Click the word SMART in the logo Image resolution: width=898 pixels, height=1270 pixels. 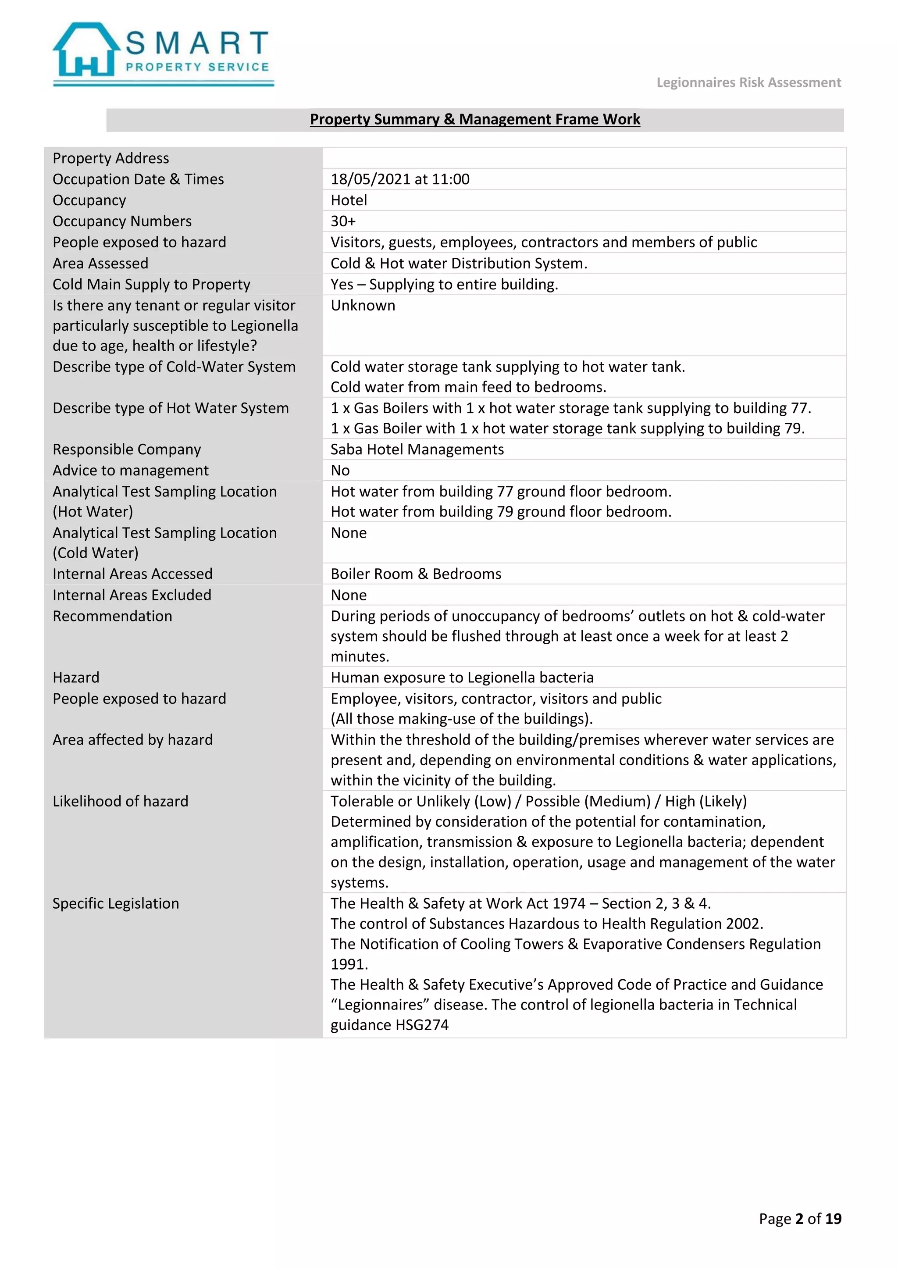click(x=197, y=43)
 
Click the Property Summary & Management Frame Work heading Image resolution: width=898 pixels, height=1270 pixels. click(x=474, y=119)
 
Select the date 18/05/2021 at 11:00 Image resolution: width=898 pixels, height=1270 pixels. click(x=400, y=179)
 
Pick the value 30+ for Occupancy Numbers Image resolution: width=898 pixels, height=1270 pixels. click(x=343, y=221)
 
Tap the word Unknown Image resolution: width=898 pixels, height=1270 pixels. click(x=363, y=305)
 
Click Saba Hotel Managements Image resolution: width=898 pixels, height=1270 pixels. click(x=417, y=449)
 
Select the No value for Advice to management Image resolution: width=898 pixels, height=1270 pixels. click(x=340, y=470)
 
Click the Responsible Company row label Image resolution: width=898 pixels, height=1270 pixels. click(x=127, y=449)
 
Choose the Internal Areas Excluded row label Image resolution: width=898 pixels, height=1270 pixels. click(x=132, y=595)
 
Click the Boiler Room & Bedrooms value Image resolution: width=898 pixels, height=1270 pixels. click(x=416, y=574)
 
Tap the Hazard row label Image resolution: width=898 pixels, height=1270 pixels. click(x=76, y=678)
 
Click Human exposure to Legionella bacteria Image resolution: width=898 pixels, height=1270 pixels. click(x=462, y=678)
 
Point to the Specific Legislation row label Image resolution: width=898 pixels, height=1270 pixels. click(x=116, y=903)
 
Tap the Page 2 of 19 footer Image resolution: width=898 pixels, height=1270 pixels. click(x=800, y=1219)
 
